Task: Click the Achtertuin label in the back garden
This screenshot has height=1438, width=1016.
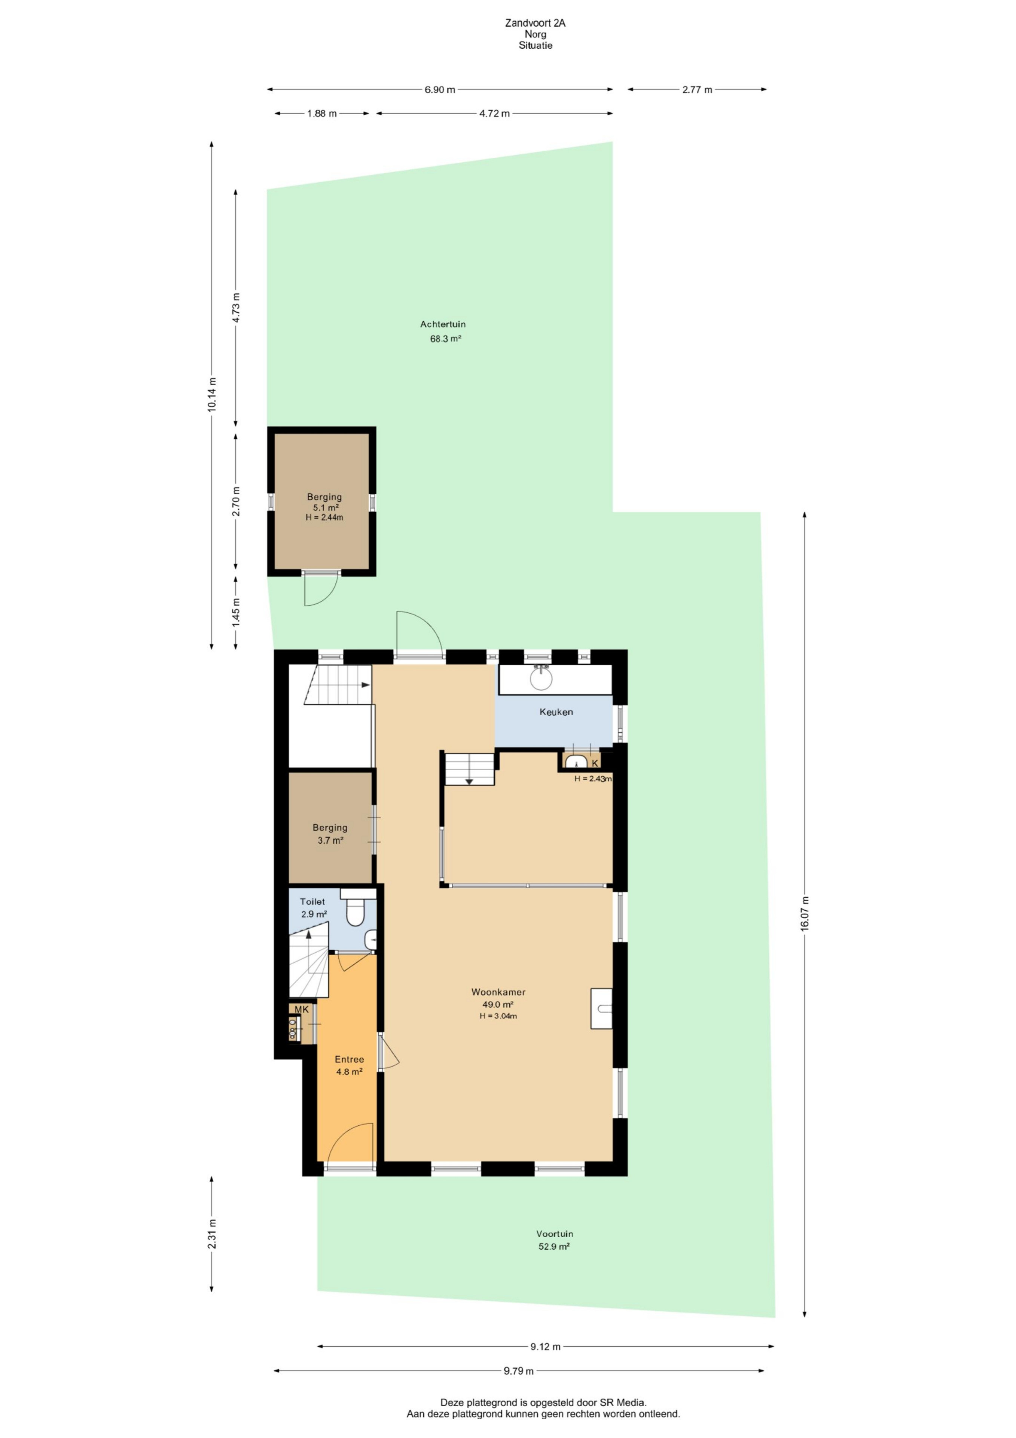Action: (443, 324)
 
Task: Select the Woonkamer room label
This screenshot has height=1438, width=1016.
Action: (498, 992)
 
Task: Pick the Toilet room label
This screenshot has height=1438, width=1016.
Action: (312, 901)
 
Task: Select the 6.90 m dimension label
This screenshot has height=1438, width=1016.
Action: (440, 90)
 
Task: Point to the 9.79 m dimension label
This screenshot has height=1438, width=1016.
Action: (519, 1371)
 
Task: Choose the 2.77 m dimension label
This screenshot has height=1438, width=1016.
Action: (698, 90)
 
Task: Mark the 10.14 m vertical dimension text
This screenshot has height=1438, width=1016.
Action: (211, 394)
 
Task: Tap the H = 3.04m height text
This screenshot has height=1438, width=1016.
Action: (498, 1016)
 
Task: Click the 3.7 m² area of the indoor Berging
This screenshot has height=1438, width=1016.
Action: (330, 840)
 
